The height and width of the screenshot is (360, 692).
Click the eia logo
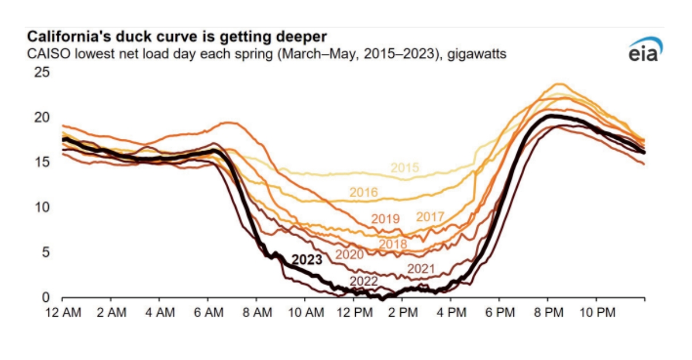tap(645, 51)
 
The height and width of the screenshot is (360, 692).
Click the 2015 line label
tap(405, 168)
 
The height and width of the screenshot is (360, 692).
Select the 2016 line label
tap(364, 193)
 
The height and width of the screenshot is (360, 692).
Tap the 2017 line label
tap(430, 217)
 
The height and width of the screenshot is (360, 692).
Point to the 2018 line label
tap(393, 244)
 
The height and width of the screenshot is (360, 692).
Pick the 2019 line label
tap(385, 219)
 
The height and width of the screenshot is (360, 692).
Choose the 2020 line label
tap(349, 254)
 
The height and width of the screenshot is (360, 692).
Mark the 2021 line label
tap(421, 268)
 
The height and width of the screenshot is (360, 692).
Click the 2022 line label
tap(364, 281)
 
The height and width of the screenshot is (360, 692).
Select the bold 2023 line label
tap(307, 260)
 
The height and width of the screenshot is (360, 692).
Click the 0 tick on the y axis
tap(46, 297)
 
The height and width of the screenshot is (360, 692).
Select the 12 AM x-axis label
tap(62, 312)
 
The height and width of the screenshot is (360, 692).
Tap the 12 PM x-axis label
tap(354, 312)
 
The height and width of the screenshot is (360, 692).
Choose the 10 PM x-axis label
tap(597, 312)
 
